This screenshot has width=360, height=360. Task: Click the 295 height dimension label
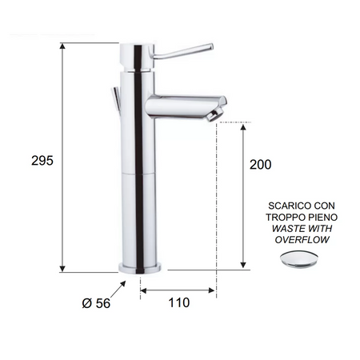click(x=42, y=161)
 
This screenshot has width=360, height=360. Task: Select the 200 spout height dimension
click(x=260, y=165)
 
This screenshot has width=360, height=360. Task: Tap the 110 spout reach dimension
click(x=179, y=302)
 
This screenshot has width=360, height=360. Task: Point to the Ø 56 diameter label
click(x=96, y=303)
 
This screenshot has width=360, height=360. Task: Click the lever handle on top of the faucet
click(x=183, y=51)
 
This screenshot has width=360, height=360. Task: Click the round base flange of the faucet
click(x=140, y=268)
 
